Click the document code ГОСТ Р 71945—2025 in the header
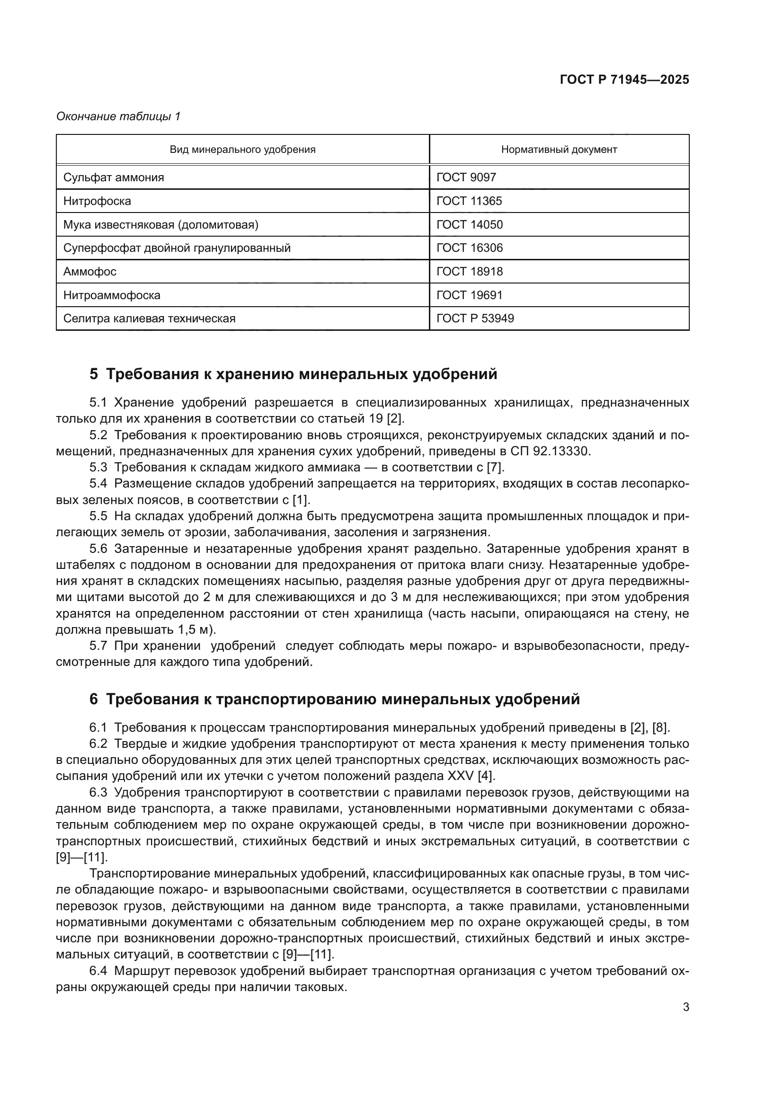coord(624,80)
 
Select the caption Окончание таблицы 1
coord(119,116)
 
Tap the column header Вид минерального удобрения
coord(242,150)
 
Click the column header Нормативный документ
coord(559,150)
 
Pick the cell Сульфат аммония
coord(114,177)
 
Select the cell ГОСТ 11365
coord(469,201)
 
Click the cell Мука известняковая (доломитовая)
coord(161,225)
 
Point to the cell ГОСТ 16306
coord(469,248)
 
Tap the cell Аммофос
coord(90,272)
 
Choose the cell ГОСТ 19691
coord(469,295)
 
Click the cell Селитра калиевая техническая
coord(150,319)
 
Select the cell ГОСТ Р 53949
coord(475,319)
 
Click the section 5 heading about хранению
coord(293,374)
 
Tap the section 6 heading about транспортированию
coord(335,699)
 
